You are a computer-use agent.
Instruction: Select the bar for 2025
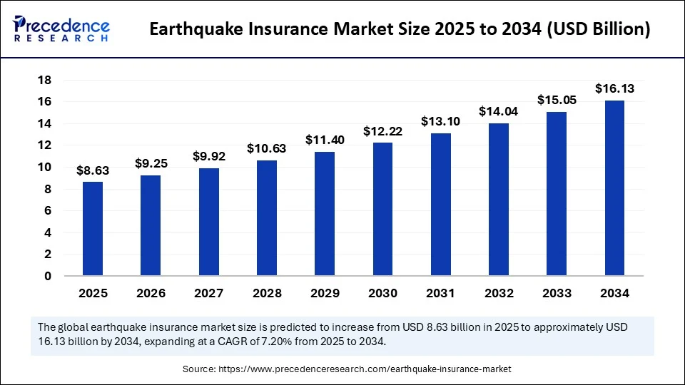click(93, 228)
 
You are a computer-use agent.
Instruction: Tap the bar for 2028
click(267, 217)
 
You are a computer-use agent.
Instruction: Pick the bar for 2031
click(441, 204)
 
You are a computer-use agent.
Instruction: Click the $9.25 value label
click(151, 163)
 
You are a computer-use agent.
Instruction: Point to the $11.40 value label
click(325, 140)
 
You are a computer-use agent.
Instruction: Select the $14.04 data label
click(499, 111)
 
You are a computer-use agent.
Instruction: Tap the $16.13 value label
click(614, 88)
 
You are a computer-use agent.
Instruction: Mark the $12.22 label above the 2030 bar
click(382, 131)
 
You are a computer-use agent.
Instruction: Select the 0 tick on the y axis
click(48, 276)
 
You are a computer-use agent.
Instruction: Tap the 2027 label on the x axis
click(209, 293)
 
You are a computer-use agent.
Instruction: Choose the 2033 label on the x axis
click(557, 293)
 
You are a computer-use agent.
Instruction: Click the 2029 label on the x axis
click(325, 293)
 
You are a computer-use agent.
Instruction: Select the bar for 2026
click(151, 225)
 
